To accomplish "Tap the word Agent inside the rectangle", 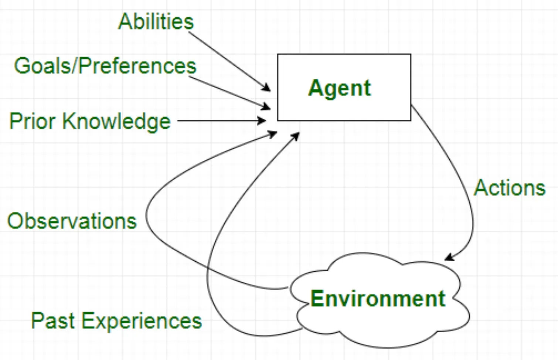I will [339, 88].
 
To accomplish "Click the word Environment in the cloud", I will [378, 299].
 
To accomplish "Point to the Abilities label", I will [156, 21].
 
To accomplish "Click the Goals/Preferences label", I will [105, 66].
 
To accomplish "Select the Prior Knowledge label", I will [90, 121].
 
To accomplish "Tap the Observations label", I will [72, 221].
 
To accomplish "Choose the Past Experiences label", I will [116, 320].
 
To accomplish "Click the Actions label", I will [510, 188].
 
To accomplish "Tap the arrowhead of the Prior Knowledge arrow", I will [262, 120].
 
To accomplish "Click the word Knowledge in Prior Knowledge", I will [116, 121].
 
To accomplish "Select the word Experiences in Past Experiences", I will [142, 320].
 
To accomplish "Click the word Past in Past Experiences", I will [53, 320].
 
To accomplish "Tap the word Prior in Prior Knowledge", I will [32, 121].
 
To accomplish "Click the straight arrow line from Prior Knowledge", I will [218, 120].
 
